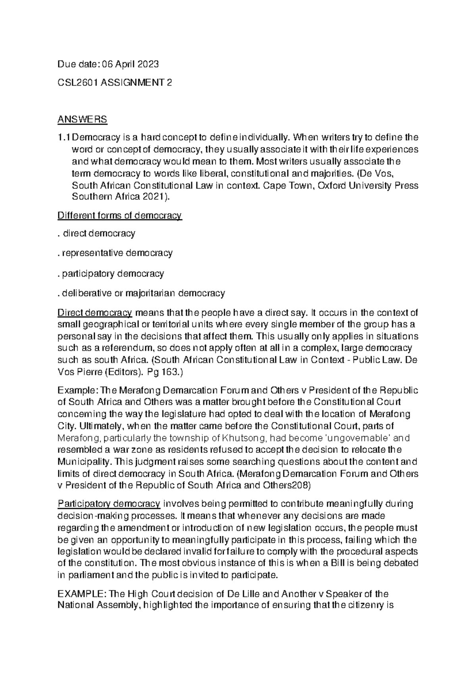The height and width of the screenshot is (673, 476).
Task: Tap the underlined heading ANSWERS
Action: tap(82, 119)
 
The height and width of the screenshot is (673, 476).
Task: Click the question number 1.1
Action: tap(63, 138)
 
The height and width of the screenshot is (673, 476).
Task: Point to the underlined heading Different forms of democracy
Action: tap(120, 215)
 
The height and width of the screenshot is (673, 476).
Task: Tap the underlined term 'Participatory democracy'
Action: tap(109, 504)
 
